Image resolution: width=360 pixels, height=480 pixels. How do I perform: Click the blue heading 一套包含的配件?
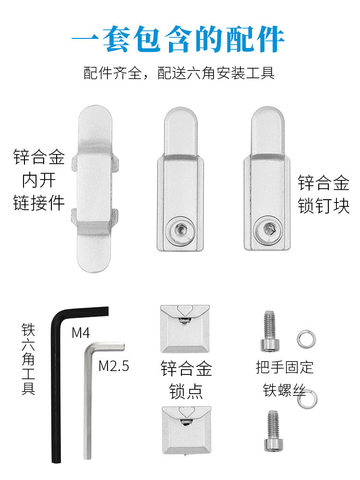point(179,39)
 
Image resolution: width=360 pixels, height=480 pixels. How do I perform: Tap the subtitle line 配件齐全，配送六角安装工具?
point(179,73)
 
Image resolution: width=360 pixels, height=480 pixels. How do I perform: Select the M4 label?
point(81,332)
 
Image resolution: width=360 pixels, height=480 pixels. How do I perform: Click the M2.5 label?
point(114,366)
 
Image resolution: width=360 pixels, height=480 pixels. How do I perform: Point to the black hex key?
point(56,384)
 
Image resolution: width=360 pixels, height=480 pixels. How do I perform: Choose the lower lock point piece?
point(186,430)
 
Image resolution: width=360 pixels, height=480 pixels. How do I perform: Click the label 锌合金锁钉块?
point(323,195)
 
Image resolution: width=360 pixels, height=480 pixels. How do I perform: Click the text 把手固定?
point(285,367)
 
